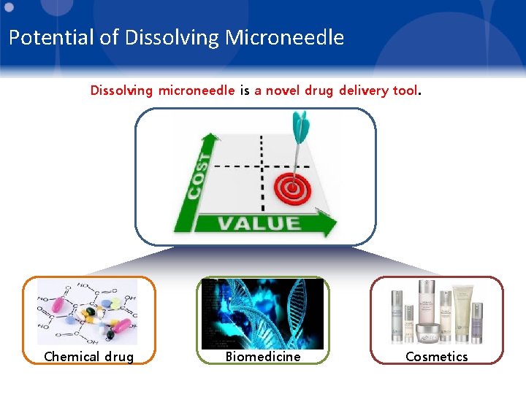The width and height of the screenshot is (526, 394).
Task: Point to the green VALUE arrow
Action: click(x=255, y=223)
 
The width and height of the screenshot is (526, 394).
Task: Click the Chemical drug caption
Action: click(x=88, y=356)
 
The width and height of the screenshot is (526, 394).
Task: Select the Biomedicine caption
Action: click(x=262, y=356)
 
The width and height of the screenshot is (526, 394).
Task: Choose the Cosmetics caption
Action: click(x=436, y=356)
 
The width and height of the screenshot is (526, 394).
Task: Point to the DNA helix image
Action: click(x=262, y=314)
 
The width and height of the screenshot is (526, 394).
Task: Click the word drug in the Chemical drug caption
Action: click(x=118, y=356)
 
